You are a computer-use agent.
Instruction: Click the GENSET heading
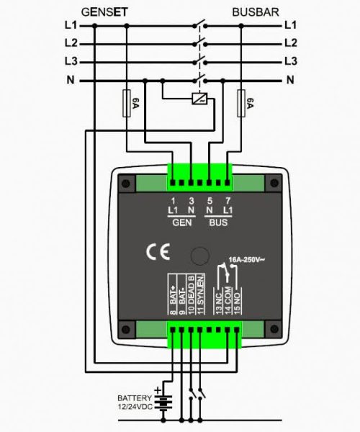click(x=104, y=12)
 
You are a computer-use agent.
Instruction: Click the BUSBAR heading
click(x=256, y=12)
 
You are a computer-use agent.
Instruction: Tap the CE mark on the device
click(x=158, y=252)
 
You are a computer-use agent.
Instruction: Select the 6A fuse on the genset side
click(x=127, y=103)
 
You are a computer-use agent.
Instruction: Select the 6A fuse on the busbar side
click(x=241, y=103)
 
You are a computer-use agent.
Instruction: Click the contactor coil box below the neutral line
click(x=199, y=99)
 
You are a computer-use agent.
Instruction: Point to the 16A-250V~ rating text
click(x=246, y=259)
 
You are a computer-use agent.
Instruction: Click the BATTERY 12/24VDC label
click(x=135, y=402)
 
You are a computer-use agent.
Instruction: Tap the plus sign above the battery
click(x=158, y=390)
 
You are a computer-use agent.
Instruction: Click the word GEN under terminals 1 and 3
click(x=181, y=222)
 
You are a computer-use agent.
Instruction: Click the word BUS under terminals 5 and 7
click(x=218, y=222)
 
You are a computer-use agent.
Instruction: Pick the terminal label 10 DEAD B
click(x=191, y=294)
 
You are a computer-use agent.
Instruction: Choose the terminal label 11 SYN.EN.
click(x=201, y=294)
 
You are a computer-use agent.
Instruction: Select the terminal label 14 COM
click(x=228, y=301)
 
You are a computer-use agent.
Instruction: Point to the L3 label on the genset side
click(x=71, y=61)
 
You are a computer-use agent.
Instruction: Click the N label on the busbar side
click(x=290, y=80)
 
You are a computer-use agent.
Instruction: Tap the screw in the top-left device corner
click(x=126, y=184)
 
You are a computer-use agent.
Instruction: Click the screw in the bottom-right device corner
click(x=274, y=329)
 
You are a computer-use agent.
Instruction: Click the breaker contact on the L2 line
click(x=200, y=42)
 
